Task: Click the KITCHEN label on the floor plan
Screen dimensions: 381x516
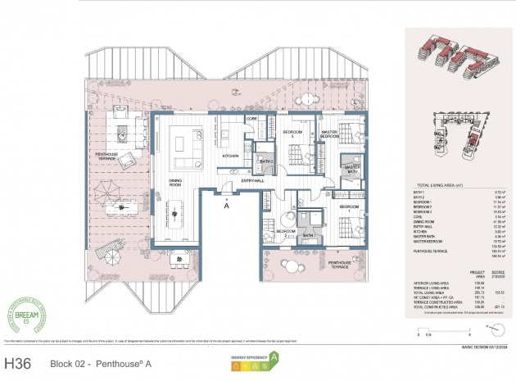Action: click(x=231, y=155)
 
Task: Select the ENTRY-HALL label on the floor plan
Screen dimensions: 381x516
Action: click(x=254, y=179)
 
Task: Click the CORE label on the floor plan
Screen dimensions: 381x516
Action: click(x=251, y=120)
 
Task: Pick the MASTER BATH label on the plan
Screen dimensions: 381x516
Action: click(x=352, y=170)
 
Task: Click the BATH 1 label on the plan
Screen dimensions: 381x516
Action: click(x=310, y=236)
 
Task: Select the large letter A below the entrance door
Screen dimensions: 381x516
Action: click(x=225, y=206)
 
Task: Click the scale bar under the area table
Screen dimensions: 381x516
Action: click(x=442, y=331)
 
